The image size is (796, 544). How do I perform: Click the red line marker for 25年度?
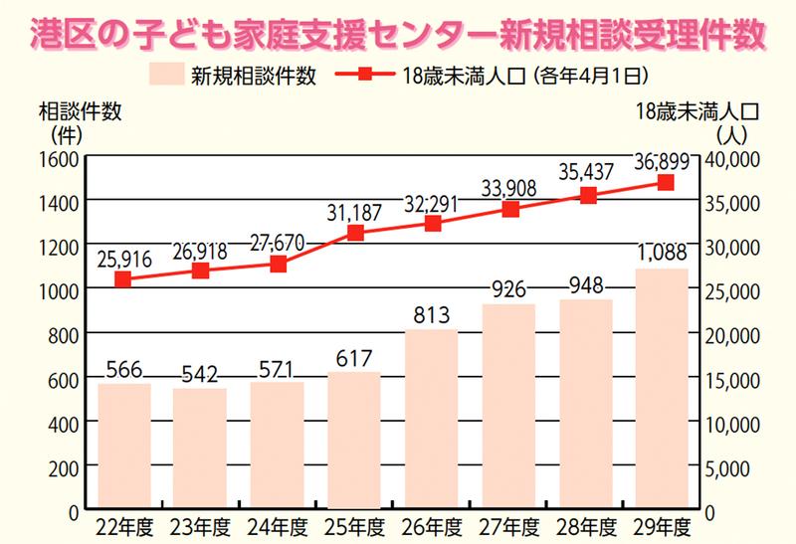click(x=355, y=233)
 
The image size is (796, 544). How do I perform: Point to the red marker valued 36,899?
click(x=666, y=183)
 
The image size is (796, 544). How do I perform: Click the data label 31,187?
click(x=355, y=211)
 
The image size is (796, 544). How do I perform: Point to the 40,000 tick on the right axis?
click(x=734, y=159)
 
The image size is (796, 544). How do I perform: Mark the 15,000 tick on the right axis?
click(x=734, y=379)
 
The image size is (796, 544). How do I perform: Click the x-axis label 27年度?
click(x=510, y=526)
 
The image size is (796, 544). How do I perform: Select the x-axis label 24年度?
click(x=278, y=526)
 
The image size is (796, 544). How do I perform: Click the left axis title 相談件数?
click(x=81, y=111)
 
